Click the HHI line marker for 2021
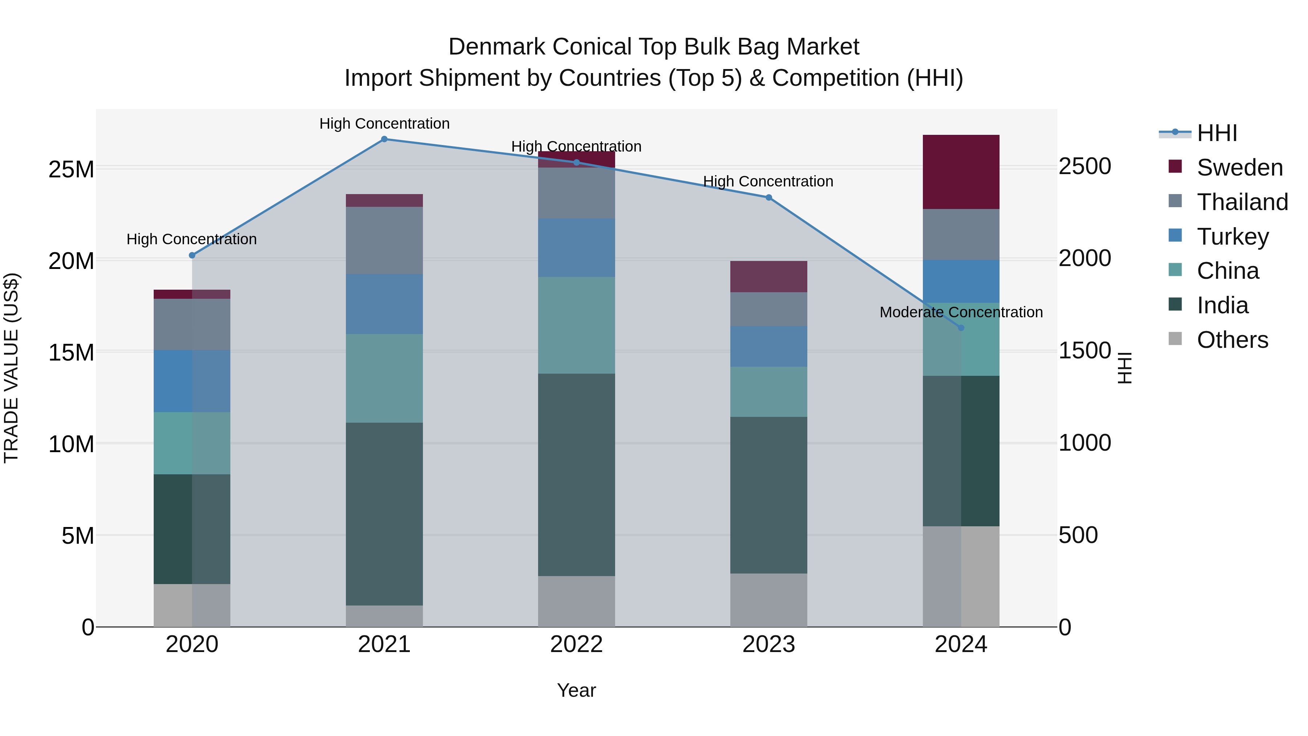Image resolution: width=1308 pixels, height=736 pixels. click(384, 139)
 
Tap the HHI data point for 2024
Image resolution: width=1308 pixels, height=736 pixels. click(961, 327)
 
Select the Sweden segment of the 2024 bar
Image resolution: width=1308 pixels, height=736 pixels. click(961, 172)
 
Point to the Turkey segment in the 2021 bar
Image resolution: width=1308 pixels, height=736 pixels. click(384, 304)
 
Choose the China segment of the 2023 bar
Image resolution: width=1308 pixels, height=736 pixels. click(768, 391)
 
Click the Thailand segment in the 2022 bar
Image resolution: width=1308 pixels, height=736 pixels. click(576, 193)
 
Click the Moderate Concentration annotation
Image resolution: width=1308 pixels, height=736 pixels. click(961, 312)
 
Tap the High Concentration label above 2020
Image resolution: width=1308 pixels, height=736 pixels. click(191, 239)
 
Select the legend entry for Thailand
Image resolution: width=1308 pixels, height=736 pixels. click(1242, 202)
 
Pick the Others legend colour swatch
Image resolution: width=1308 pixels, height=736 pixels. click(1175, 339)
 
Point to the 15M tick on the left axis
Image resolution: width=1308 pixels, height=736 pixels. click(71, 352)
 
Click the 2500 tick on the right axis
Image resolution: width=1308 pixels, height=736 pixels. click(1085, 166)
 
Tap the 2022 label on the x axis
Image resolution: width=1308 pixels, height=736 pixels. click(576, 644)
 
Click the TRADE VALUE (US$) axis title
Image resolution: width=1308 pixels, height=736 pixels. click(11, 368)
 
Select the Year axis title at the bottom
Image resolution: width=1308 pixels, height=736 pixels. click(576, 690)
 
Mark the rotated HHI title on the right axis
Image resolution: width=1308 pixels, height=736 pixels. click(1125, 368)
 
